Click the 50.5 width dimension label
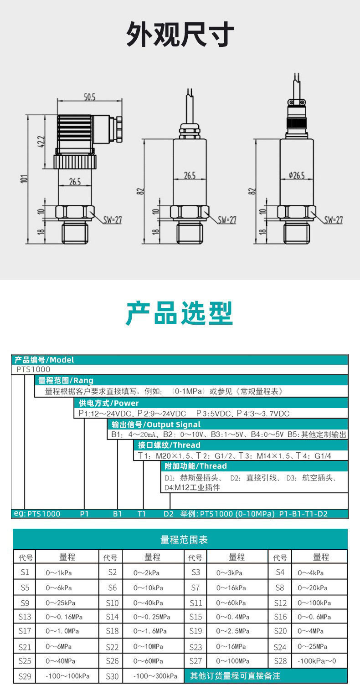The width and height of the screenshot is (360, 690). [89, 97]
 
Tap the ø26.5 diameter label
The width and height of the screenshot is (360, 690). [297, 175]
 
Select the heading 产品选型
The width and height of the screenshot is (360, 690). [180, 313]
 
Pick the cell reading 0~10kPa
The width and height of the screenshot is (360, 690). [149, 588]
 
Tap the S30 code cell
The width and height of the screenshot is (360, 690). [112, 676]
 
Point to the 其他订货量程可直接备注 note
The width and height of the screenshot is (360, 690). [235, 676]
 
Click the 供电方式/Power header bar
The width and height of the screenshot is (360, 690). [109, 403]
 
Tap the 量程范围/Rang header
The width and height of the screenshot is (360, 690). [66, 381]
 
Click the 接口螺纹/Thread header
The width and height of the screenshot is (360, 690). [169, 445]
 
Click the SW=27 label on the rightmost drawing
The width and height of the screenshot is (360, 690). [333, 220]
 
